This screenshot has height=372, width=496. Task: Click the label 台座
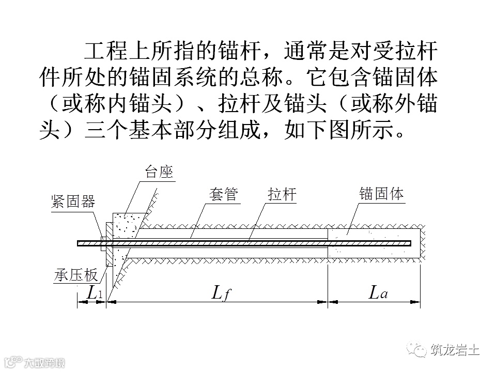(x=159, y=173)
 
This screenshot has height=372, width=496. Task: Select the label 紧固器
(x=73, y=202)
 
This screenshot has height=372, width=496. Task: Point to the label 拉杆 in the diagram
(x=282, y=195)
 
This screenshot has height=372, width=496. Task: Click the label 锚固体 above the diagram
(x=381, y=194)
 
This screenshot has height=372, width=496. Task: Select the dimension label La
(x=378, y=292)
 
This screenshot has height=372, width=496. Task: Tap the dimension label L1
(x=94, y=292)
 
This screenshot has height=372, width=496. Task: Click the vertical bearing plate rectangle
(x=109, y=244)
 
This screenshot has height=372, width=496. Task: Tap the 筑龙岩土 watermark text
(x=455, y=351)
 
